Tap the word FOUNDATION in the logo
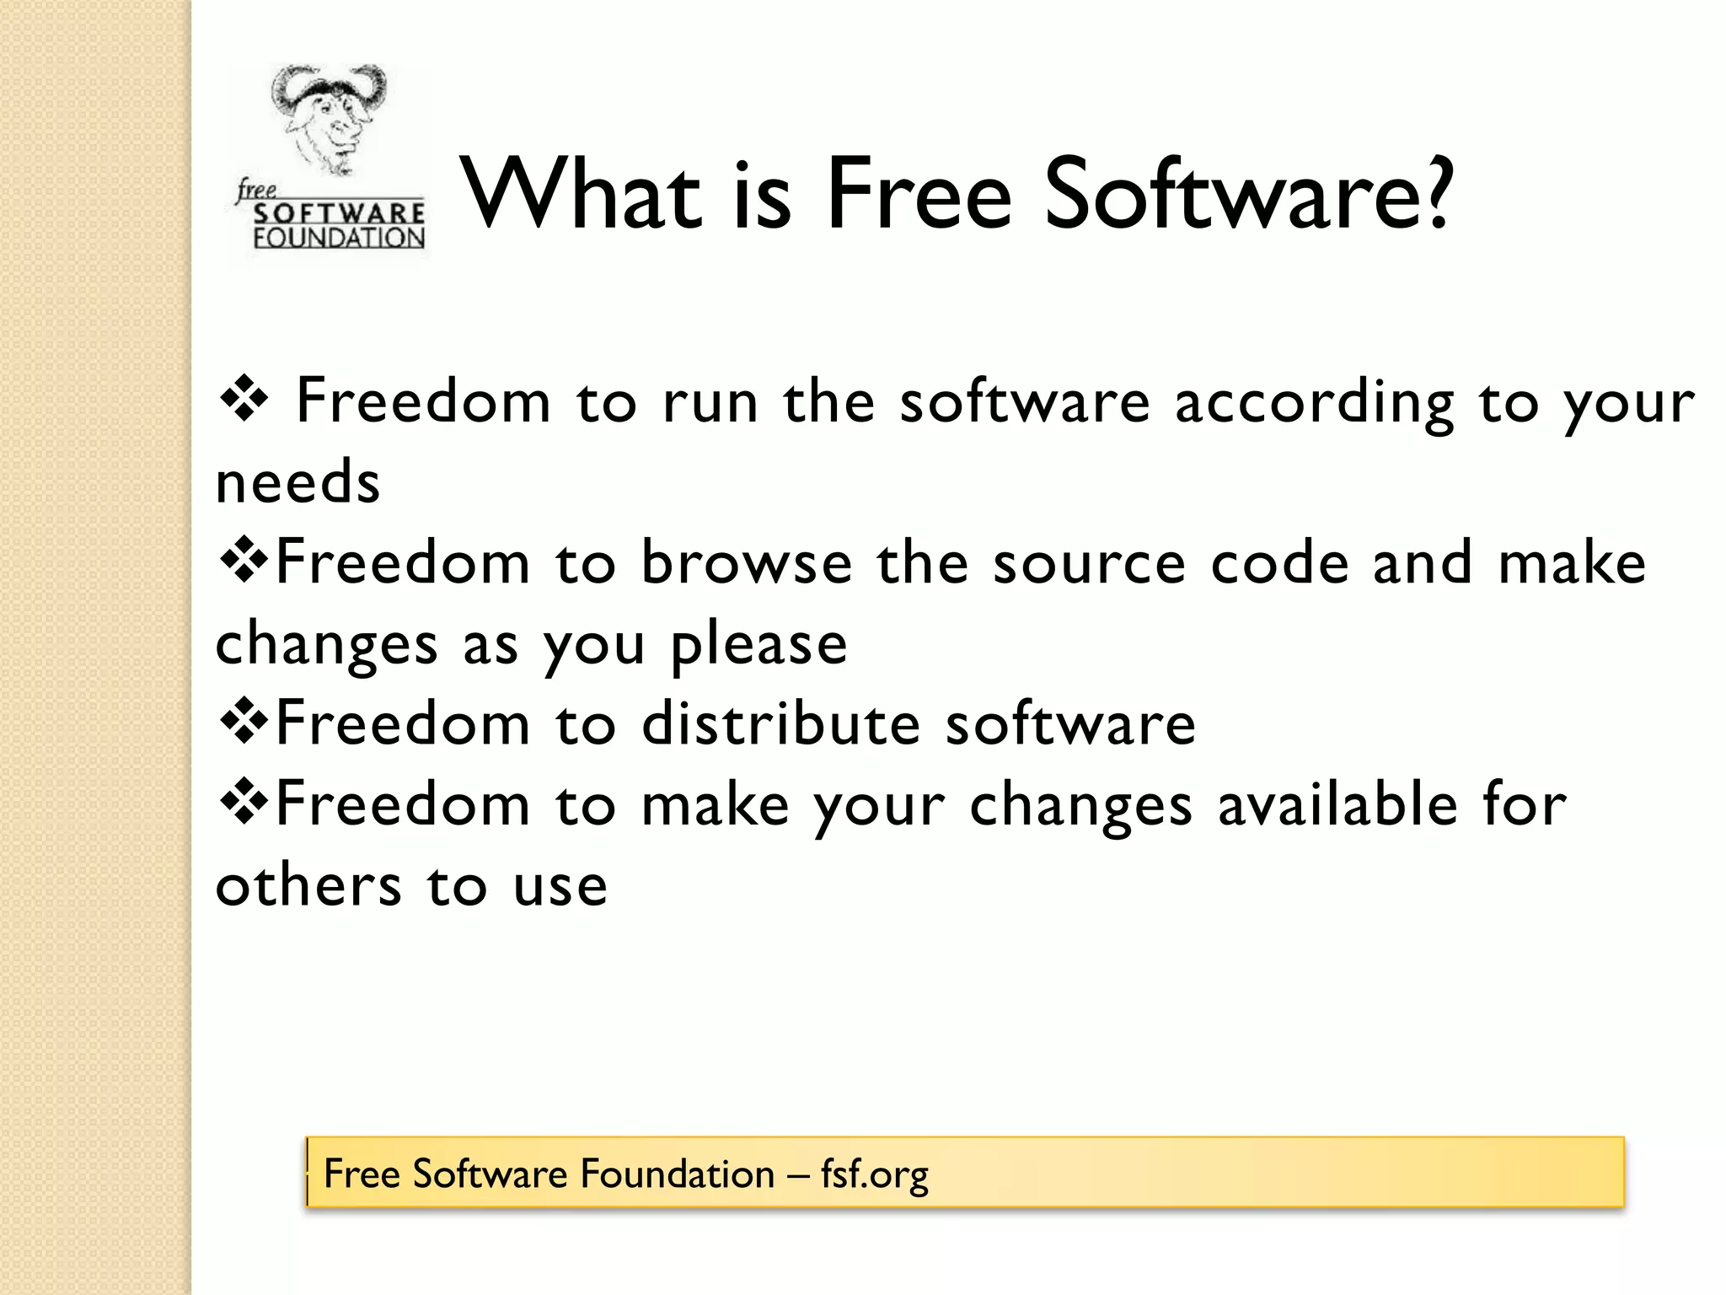(339, 239)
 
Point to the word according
(1314, 404)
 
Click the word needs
(297, 483)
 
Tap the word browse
(747, 562)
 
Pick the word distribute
(780, 723)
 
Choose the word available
(1337, 804)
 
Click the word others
(308, 886)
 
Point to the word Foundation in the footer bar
(678, 1174)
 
